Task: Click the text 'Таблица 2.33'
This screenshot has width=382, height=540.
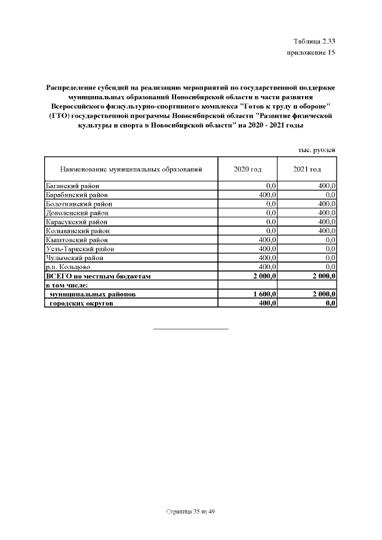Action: pyautogui.click(x=315, y=41)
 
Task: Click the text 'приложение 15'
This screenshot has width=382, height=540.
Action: pyautogui.click(x=310, y=53)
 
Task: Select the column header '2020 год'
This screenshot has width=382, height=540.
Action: pyautogui.click(x=248, y=169)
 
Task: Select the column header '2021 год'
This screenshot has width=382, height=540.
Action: pyautogui.click(x=307, y=169)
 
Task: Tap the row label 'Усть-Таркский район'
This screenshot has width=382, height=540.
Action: pyautogui.click(x=79, y=249)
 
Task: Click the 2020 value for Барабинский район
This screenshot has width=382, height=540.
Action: pyautogui.click(x=266, y=195)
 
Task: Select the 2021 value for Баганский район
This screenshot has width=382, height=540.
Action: pyautogui.click(x=327, y=186)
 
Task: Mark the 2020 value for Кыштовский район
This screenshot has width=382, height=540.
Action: pyautogui.click(x=266, y=240)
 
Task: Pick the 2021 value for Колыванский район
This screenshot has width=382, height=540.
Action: pyautogui.click(x=327, y=231)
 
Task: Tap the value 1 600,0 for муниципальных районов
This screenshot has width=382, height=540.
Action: pyautogui.click(x=264, y=294)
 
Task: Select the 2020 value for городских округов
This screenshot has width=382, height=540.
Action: pyautogui.click(x=266, y=303)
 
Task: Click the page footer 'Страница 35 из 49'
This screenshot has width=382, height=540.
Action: pyautogui.click(x=191, y=512)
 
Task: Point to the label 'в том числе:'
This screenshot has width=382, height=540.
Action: pyautogui.click(x=67, y=285)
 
